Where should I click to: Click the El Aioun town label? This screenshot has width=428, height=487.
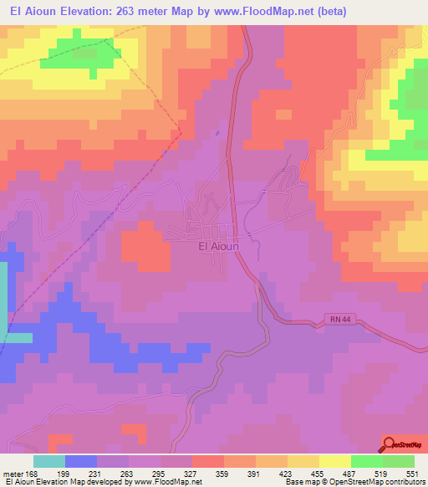(x=218, y=246)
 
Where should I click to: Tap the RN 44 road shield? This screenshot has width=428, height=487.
(x=336, y=321)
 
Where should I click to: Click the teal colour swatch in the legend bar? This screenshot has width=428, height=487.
(x=49, y=461)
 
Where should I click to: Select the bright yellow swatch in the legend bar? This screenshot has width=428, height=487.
(x=335, y=461)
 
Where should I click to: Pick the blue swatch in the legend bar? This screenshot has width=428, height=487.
(x=81, y=461)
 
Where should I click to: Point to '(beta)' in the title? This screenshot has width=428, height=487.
(x=329, y=11)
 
